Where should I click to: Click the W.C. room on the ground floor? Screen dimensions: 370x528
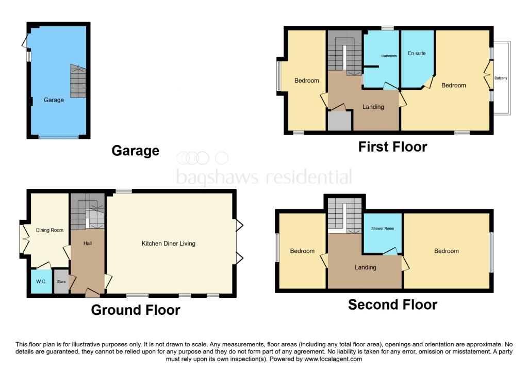point(41,282)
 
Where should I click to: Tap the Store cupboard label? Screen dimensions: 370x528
point(61,282)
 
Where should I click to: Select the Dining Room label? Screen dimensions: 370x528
point(49,230)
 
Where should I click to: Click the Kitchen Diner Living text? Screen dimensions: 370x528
point(169,243)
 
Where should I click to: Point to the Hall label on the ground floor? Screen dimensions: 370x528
point(87,243)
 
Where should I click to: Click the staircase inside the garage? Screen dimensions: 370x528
point(78,82)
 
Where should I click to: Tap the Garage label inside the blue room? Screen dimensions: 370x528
point(54,100)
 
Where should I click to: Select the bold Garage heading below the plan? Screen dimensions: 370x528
point(135,151)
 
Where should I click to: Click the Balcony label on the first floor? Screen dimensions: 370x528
point(501,78)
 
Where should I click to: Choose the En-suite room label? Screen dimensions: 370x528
point(417,53)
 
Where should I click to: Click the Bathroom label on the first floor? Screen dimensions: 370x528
point(389,56)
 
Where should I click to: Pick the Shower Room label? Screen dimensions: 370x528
point(383,229)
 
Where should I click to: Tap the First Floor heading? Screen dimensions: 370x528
point(392,147)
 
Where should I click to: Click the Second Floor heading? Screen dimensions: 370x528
point(392,304)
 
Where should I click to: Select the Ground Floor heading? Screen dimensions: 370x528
point(136,310)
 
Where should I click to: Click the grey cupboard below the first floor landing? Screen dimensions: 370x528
point(339,121)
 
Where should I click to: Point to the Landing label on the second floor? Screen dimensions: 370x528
point(365,267)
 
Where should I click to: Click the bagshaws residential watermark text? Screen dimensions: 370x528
point(264,177)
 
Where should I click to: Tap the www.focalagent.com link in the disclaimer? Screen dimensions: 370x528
point(330,359)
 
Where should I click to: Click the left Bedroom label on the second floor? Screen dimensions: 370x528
point(302,251)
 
